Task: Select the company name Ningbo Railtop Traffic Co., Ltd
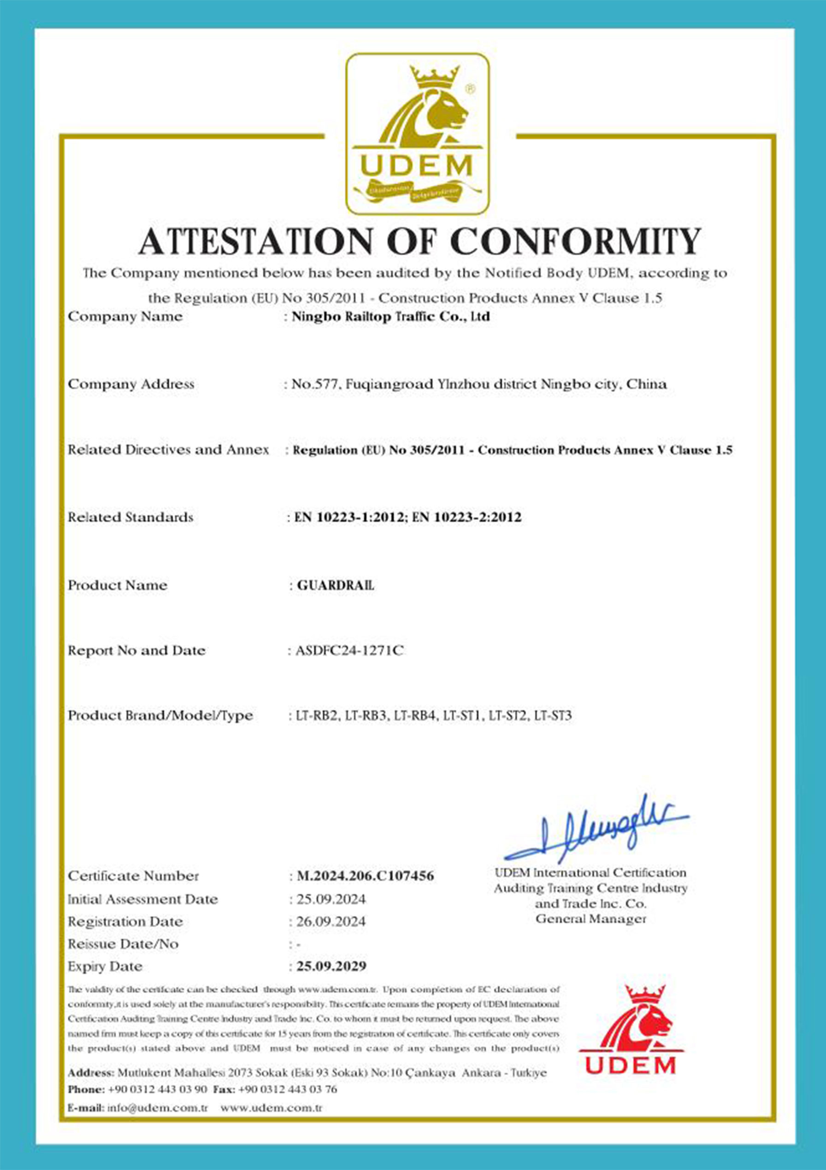click(x=390, y=317)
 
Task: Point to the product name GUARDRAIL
click(x=335, y=585)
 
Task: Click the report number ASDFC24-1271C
click(x=349, y=651)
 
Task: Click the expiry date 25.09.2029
click(x=331, y=966)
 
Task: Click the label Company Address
click(x=131, y=384)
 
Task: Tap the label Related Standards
click(x=130, y=517)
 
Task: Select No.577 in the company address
click(x=315, y=384)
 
